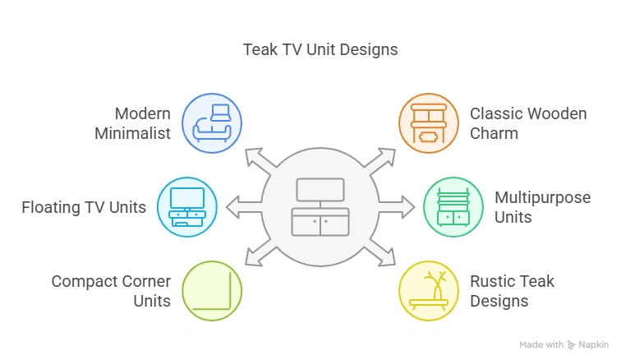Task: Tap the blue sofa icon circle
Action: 211,123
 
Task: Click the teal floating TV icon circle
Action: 186,206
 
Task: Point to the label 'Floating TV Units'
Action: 84,207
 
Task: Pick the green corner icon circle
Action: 212,290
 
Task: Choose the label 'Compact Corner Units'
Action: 111,291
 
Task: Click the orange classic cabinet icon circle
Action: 428,123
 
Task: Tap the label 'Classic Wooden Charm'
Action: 528,123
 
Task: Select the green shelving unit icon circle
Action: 453,206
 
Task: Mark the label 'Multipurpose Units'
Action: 542,207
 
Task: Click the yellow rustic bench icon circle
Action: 428,290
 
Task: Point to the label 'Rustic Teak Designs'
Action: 512,291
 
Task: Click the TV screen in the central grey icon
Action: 320,191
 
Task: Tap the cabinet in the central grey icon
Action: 320,223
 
